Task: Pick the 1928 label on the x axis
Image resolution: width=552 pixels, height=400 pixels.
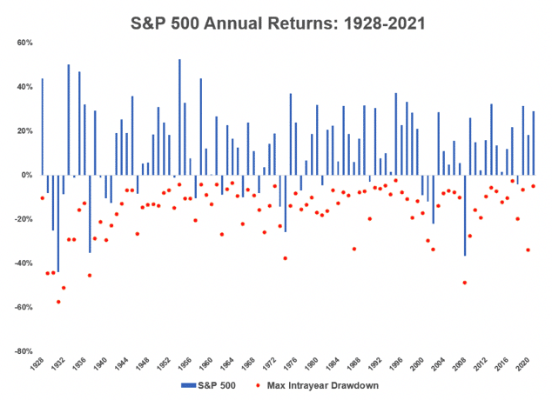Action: click(x=38, y=364)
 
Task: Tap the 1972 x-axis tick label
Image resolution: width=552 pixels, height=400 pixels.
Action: click(x=272, y=364)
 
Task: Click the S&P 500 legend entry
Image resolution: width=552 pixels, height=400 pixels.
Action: click(x=210, y=383)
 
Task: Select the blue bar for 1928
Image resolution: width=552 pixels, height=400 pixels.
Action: click(x=42, y=126)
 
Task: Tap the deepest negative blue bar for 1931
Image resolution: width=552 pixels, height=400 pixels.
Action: click(x=58, y=223)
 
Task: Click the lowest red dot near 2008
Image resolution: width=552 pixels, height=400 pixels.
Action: click(x=465, y=283)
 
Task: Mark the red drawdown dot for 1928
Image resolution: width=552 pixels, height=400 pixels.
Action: click(x=42, y=198)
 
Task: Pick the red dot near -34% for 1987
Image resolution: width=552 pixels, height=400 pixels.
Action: click(x=353, y=249)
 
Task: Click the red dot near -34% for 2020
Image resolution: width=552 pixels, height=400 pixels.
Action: click(x=528, y=250)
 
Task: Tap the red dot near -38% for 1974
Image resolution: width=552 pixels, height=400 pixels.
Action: click(x=285, y=258)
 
